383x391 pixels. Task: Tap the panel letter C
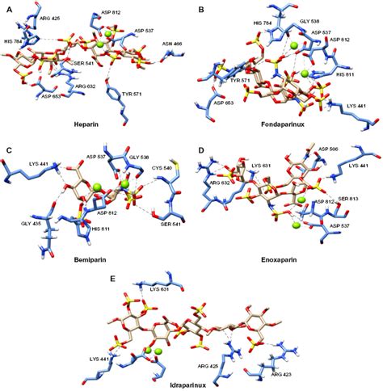(8, 151)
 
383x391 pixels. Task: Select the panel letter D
(201, 151)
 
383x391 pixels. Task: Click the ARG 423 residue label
(284, 375)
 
